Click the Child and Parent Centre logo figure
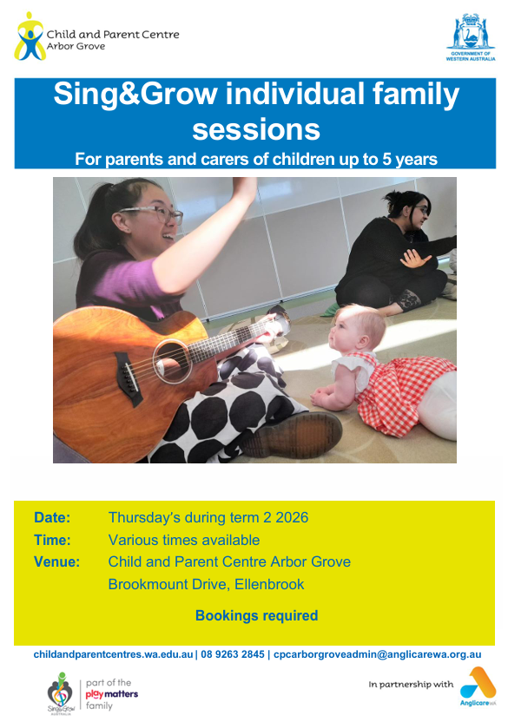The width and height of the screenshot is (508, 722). pyautogui.click(x=30, y=36)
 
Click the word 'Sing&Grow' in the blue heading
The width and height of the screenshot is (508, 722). pyautogui.click(x=135, y=94)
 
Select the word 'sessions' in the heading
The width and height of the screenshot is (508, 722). pyautogui.click(x=256, y=129)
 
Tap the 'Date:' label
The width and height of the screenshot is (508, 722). pyautogui.click(x=52, y=517)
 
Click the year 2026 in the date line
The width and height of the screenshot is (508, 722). pyautogui.click(x=292, y=517)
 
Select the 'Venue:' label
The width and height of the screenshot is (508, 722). pyautogui.click(x=56, y=561)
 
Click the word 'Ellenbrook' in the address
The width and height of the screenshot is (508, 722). pyautogui.click(x=269, y=584)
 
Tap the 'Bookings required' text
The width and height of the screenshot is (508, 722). pyautogui.click(x=257, y=615)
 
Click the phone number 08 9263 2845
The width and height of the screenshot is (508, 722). pyautogui.click(x=233, y=654)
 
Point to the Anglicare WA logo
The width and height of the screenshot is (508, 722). pyautogui.click(x=478, y=686)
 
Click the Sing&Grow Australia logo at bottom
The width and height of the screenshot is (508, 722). pyautogui.click(x=61, y=693)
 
